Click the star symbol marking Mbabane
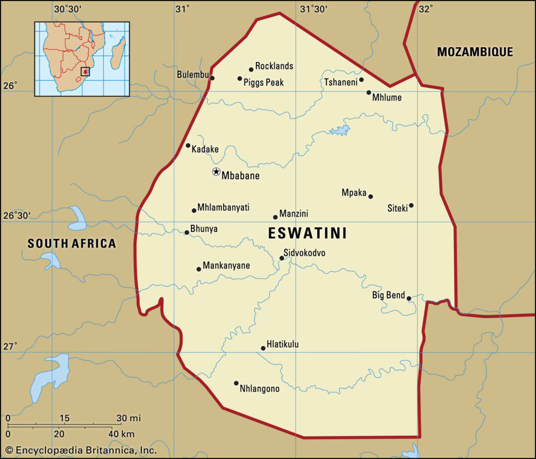(x=216, y=172)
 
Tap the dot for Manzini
(x=275, y=217)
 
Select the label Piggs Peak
(x=263, y=82)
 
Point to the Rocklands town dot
(x=251, y=69)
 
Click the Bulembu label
(x=192, y=74)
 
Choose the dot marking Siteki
(x=411, y=205)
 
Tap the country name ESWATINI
(x=307, y=233)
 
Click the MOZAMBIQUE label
(x=475, y=52)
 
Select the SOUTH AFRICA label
(x=72, y=243)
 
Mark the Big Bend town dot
(x=409, y=298)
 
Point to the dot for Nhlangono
(x=236, y=383)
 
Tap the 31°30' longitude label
(x=314, y=9)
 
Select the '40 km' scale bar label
(x=121, y=434)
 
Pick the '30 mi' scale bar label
(x=128, y=418)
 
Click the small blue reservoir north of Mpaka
(x=340, y=130)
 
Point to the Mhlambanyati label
(x=224, y=207)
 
